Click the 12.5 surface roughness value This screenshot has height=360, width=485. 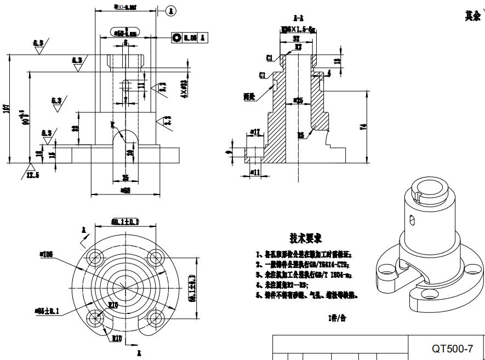(x=34, y=175)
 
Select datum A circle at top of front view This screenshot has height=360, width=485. (x=171, y=10)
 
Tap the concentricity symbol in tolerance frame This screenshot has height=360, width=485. (x=177, y=38)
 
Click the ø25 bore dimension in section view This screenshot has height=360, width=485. (x=298, y=100)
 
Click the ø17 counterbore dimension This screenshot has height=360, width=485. (x=255, y=132)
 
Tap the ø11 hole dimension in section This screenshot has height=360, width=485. (x=255, y=172)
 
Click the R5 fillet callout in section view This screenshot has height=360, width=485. (x=301, y=135)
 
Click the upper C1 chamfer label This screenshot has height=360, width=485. (x=269, y=58)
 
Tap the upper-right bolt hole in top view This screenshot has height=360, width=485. (x=155, y=258)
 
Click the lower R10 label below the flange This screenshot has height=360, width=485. (x=117, y=338)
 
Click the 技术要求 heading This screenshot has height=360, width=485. (x=305, y=238)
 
